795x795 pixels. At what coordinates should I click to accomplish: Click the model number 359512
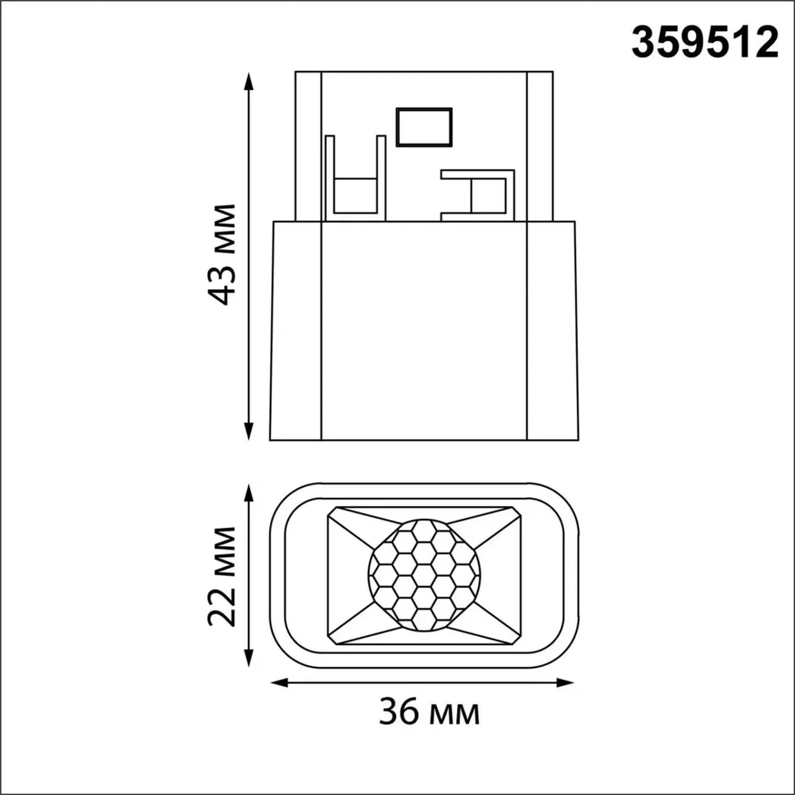point(704,43)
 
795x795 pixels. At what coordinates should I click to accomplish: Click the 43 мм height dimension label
point(222,254)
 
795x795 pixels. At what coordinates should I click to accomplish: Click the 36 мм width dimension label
point(429,712)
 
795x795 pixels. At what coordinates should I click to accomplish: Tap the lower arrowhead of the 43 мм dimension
point(249,431)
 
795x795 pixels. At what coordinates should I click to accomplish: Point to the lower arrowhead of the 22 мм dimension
point(249,657)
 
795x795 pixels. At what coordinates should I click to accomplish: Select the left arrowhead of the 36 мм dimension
point(279,683)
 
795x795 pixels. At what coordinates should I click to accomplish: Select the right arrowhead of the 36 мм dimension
point(565,683)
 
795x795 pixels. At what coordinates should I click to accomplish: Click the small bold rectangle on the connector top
point(424,127)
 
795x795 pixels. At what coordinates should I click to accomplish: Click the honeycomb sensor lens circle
point(424,575)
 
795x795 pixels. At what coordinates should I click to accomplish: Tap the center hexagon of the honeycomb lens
point(424,575)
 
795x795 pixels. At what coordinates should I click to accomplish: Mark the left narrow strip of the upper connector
point(308,146)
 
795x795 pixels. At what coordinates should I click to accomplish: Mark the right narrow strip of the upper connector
point(540,146)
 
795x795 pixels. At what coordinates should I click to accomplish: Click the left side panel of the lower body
point(296,330)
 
